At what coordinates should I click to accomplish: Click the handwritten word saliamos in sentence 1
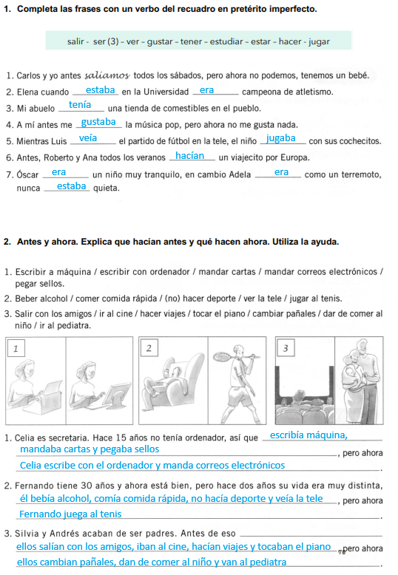[107, 75]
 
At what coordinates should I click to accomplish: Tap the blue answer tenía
[80, 105]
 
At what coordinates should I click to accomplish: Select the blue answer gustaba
[98, 122]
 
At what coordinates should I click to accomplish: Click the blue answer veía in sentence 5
[88, 138]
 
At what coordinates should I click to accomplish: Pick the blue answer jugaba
[281, 139]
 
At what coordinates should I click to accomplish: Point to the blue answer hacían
[190, 156]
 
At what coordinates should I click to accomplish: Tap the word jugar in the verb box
[319, 42]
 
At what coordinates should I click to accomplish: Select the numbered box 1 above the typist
[16, 348]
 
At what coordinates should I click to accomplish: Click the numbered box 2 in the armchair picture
[149, 348]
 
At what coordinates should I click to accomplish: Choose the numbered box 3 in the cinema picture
[286, 348]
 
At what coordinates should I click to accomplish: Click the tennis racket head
[222, 356]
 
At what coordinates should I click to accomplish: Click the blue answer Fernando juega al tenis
[70, 514]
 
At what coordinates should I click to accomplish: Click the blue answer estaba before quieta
[71, 186]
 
